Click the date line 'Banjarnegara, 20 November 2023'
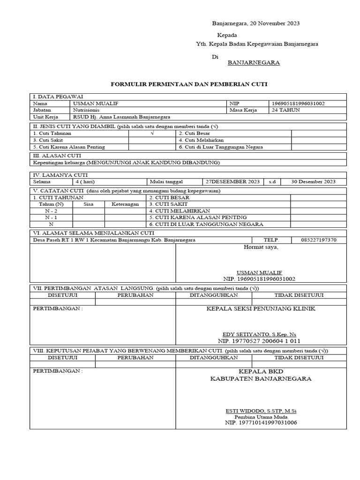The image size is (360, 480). pos(256,23)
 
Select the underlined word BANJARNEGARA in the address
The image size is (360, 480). pos(254,62)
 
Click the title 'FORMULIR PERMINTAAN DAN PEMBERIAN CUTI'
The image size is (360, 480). pos(188,84)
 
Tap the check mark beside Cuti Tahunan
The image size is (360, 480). pos(152,134)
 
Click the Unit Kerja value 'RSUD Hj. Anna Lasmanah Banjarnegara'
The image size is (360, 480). pos(121,117)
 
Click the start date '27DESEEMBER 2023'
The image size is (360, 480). pos(232,182)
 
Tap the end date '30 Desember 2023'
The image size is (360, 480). pos(313,182)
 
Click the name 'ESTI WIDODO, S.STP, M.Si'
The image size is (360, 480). pos(261,411)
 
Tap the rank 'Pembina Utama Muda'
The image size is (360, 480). pos(261,417)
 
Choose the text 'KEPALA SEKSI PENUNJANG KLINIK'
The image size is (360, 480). pos(261,308)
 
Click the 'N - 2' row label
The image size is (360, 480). pos(52,211)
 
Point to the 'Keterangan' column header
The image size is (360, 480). pos(125,204)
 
